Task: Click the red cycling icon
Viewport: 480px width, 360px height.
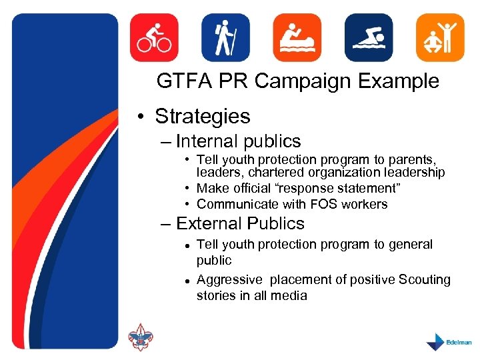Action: pos(154,38)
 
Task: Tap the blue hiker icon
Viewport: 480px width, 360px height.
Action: pos(225,38)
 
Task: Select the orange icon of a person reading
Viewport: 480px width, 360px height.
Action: pos(297,38)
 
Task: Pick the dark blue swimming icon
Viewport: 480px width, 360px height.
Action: pos(369,38)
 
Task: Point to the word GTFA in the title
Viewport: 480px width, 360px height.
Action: pos(182,81)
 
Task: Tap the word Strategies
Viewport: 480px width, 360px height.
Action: pos(202,117)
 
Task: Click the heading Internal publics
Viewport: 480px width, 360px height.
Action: pos(238,141)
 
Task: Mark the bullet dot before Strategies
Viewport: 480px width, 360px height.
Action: pos(143,118)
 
